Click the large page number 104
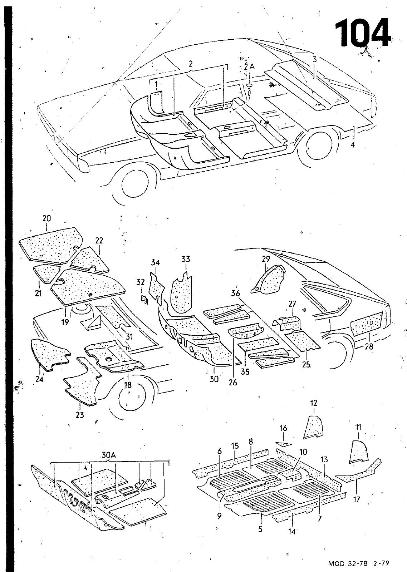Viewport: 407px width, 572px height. click(x=362, y=33)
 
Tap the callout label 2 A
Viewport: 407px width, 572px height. click(x=249, y=67)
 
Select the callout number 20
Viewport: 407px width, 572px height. click(x=46, y=218)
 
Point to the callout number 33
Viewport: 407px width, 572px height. click(x=186, y=259)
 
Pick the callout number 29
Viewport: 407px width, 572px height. click(x=266, y=259)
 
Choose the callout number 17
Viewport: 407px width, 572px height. click(x=356, y=499)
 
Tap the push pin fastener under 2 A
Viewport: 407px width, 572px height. click(x=249, y=88)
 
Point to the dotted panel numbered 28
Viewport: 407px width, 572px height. click(x=367, y=324)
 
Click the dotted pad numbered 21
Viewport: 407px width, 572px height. click(x=46, y=273)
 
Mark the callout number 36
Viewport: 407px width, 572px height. click(x=235, y=293)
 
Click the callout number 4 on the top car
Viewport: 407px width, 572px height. click(x=353, y=145)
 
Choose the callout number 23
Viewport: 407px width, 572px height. click(x=80, y=415)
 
